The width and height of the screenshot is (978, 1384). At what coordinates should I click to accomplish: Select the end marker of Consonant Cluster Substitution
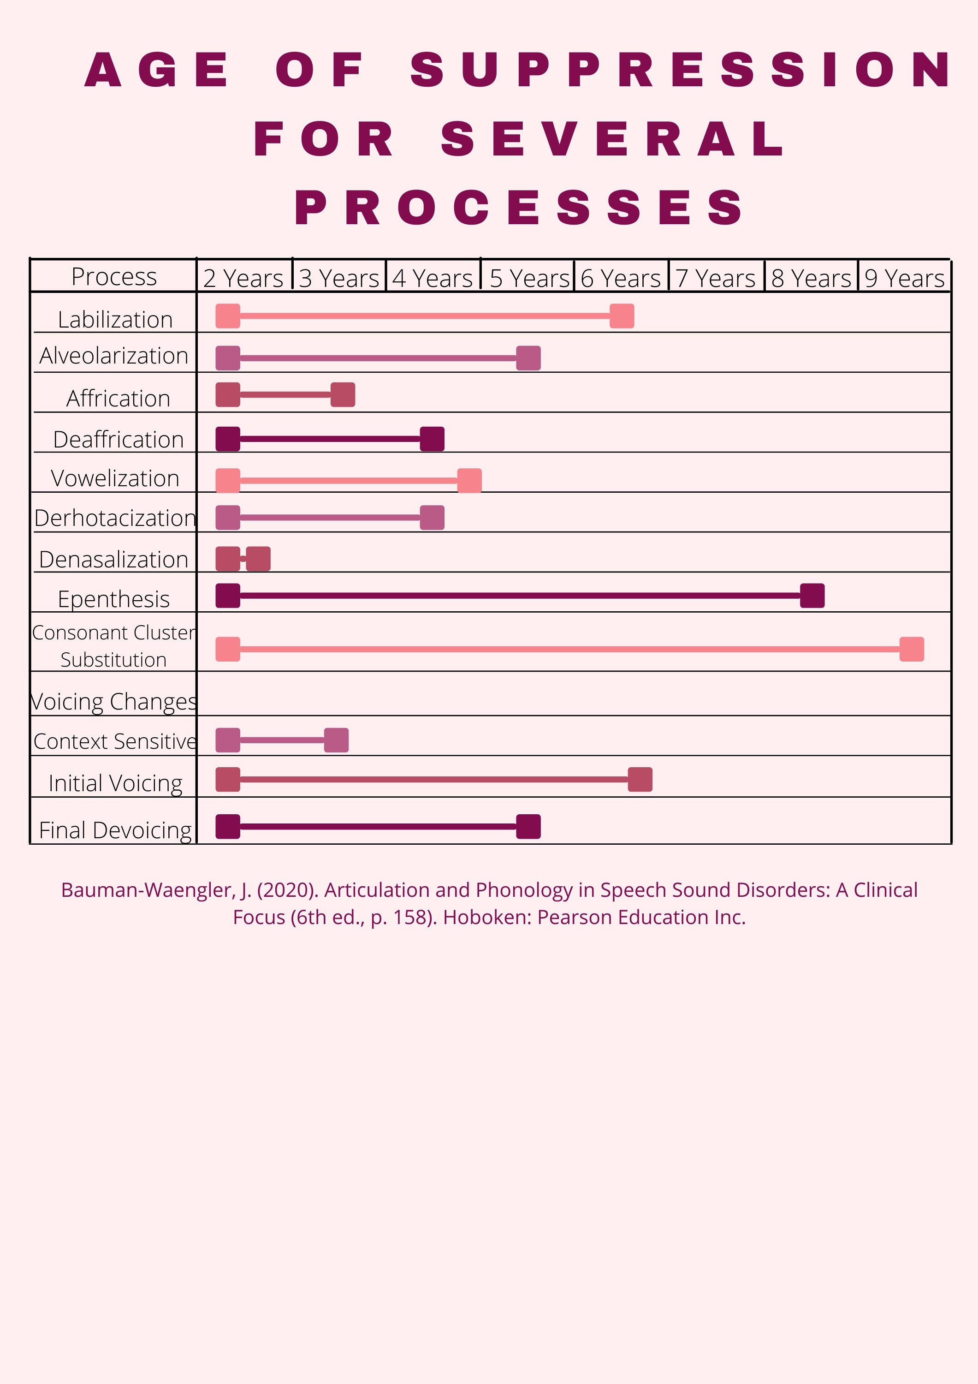911,649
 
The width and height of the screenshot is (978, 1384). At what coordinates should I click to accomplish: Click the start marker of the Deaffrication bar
228,439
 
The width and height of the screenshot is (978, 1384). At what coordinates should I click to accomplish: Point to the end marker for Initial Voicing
640,779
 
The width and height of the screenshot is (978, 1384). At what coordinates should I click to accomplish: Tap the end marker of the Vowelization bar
469,480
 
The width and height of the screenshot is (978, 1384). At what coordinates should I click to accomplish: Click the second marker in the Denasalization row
258,559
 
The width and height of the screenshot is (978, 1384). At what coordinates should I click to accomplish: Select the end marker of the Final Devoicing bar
528,826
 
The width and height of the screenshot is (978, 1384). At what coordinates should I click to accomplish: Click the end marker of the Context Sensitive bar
336,740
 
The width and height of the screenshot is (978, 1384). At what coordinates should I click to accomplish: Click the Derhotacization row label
114,518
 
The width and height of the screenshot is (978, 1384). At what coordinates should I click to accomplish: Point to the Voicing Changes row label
114,702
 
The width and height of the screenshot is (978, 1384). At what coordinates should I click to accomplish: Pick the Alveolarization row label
114,356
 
